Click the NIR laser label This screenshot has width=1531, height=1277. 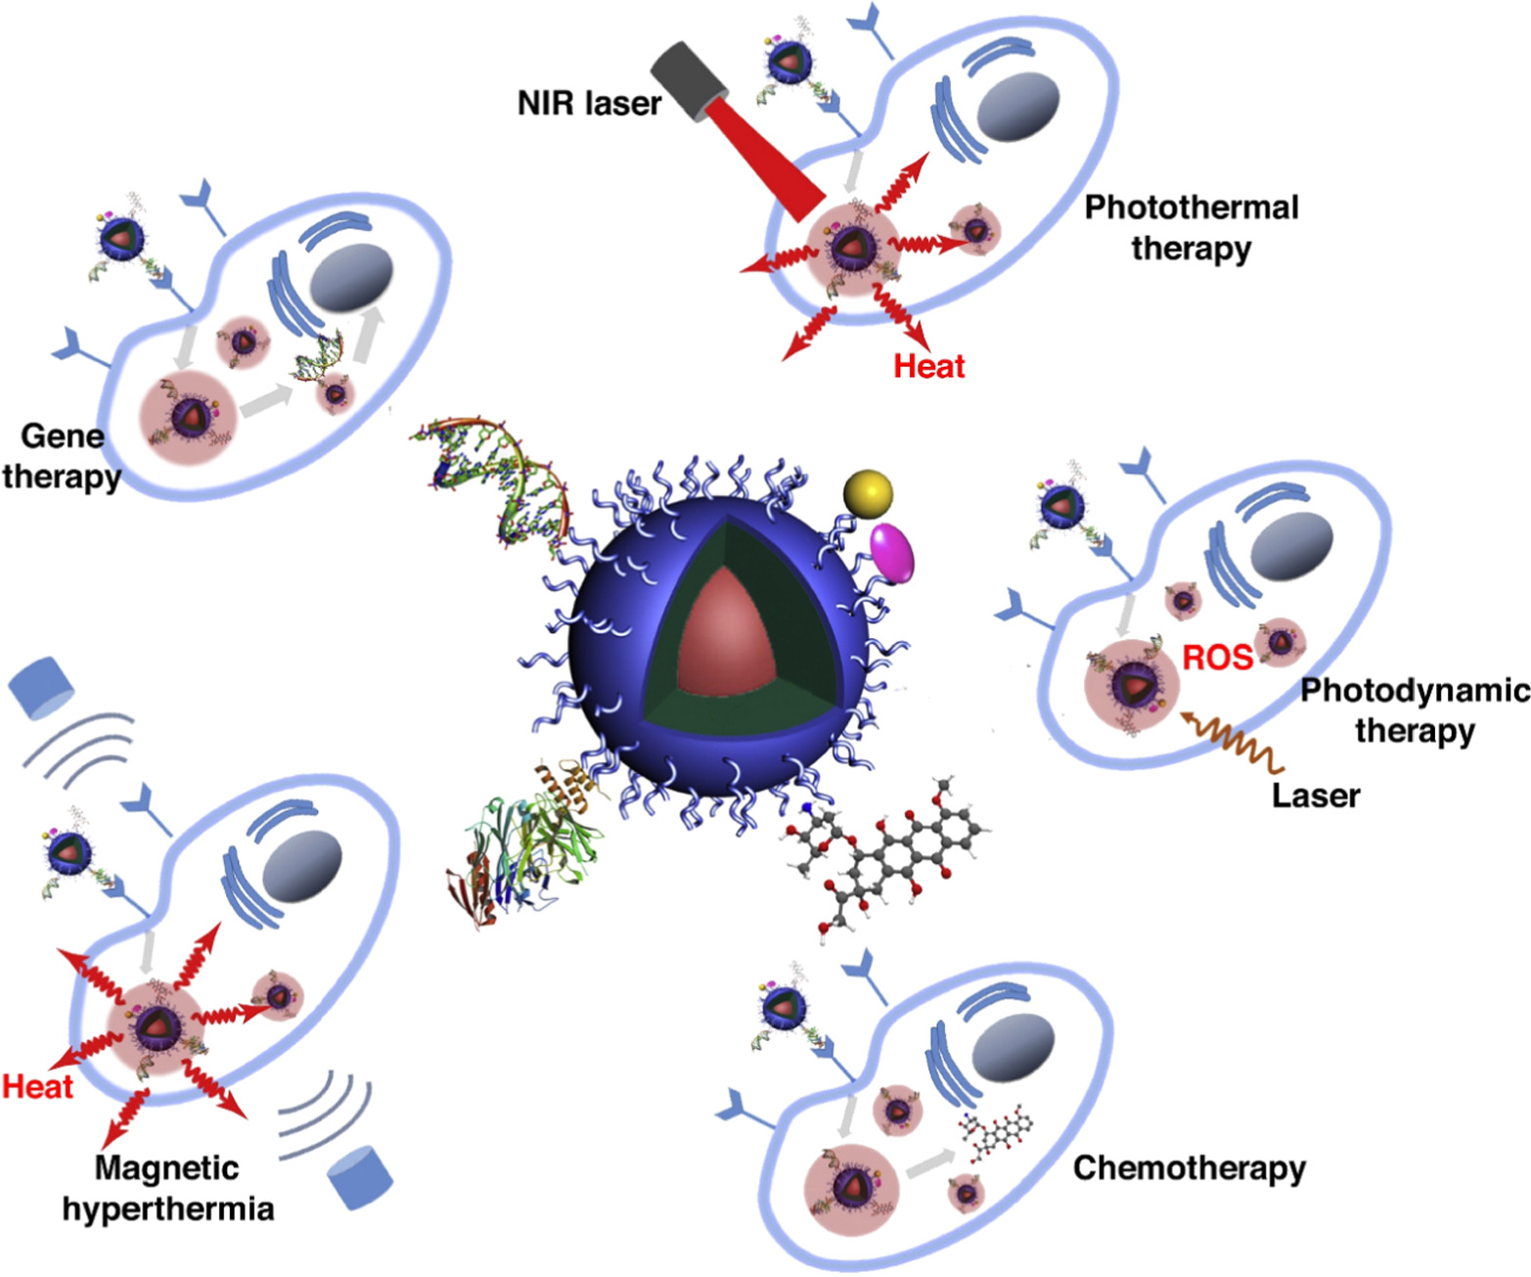coord(589,103)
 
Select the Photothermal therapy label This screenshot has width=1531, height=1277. coord(1192,227)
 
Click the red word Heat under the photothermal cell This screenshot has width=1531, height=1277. coord(928,366)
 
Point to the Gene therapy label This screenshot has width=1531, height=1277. coord(62,456)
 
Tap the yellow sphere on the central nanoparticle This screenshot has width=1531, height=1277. coord(868,492)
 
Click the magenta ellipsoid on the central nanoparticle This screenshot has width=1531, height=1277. coord(892,553)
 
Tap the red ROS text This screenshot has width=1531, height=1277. coord(1217,657)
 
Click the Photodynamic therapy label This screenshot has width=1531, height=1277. coord(1415,710)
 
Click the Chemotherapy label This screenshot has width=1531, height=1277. coord(1189,1167)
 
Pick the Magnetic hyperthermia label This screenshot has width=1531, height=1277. coord(167,1188)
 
